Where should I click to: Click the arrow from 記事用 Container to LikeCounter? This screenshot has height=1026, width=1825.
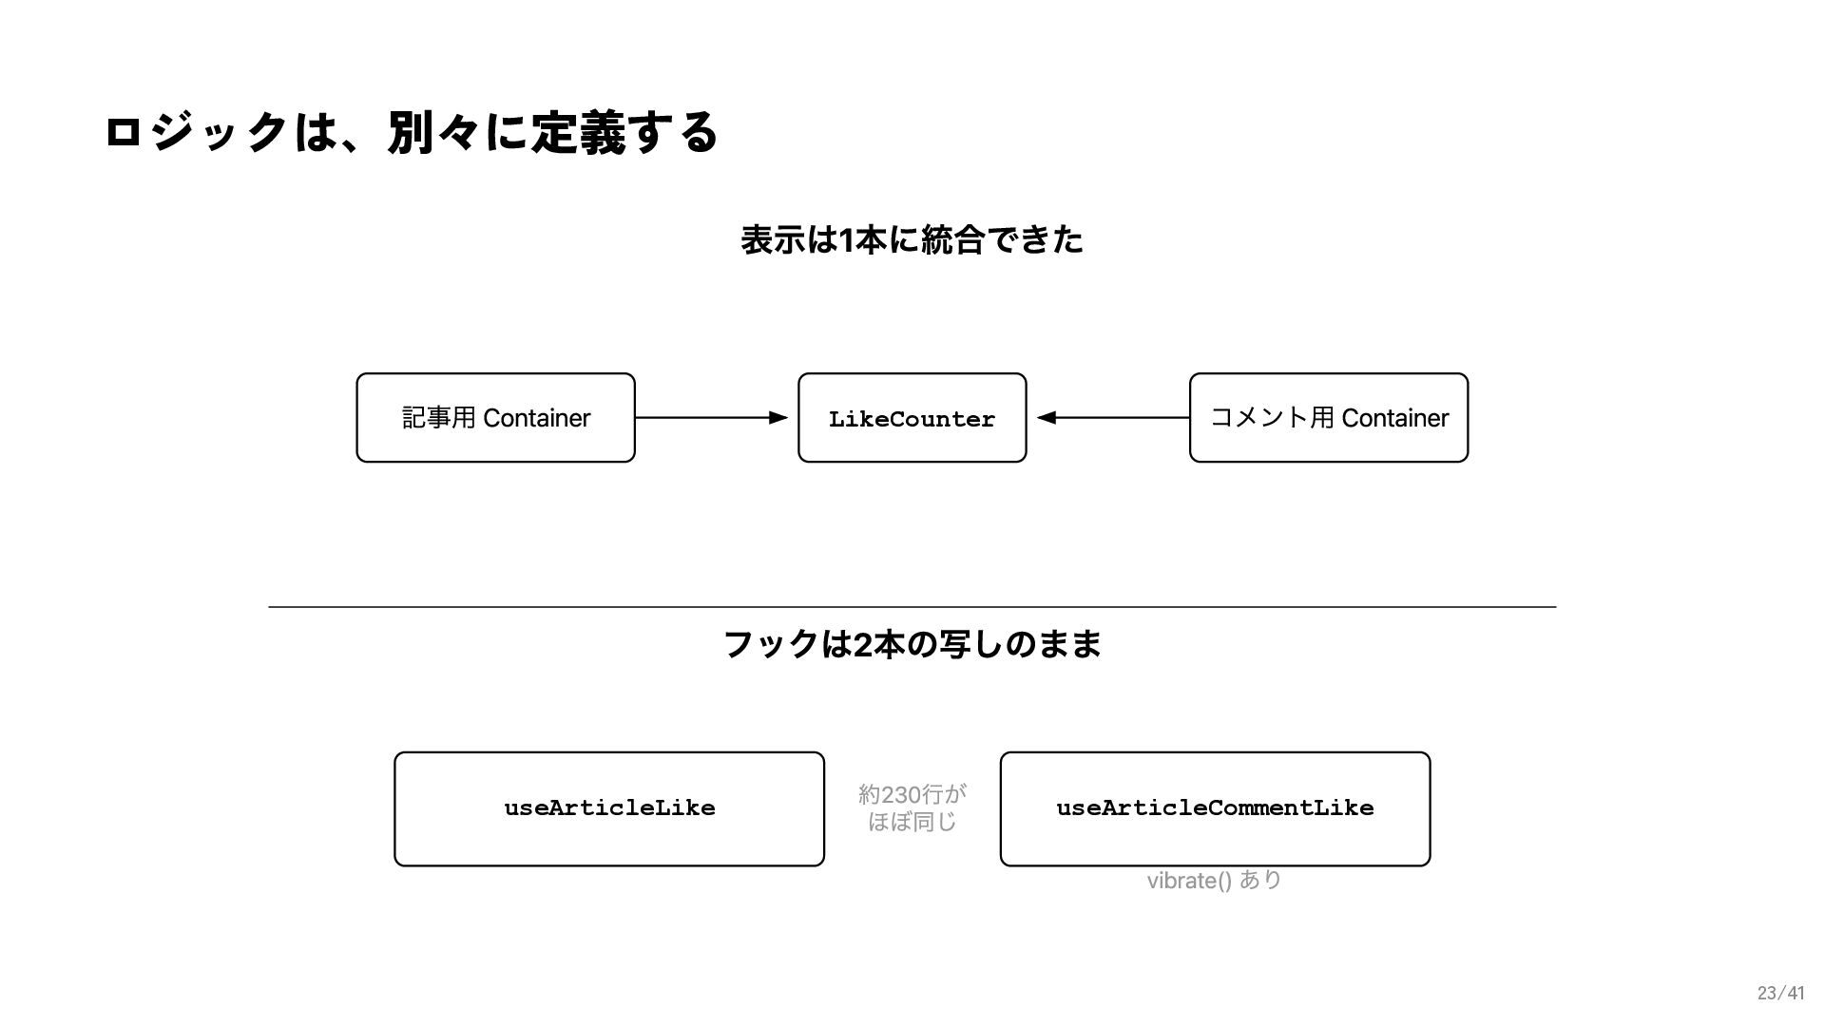coord(711,418)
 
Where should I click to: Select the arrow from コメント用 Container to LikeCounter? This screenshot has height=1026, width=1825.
coord(1113,418)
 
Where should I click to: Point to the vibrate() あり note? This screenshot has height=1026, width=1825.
coord(1214,881)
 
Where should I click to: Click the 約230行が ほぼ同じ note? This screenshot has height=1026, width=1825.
coord(912,807)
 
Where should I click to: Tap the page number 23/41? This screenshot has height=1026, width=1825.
coord(1780,994)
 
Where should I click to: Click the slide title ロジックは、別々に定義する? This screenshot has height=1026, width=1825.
coord(411,132)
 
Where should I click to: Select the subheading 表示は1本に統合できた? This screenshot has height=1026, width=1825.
coord(912,239)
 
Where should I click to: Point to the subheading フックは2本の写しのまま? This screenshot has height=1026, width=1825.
coord(912,644)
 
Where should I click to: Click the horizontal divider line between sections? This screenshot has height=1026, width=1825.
coord(912,606)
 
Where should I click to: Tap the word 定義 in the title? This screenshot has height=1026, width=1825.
coord(578,132)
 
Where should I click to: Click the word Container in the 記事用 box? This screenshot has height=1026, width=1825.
coord(537,418)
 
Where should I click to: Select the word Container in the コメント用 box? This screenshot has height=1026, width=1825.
coord(1395,418)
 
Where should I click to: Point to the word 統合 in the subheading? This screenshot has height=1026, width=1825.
coord(953,239)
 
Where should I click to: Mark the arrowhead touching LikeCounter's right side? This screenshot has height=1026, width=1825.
coord(1046,418)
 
